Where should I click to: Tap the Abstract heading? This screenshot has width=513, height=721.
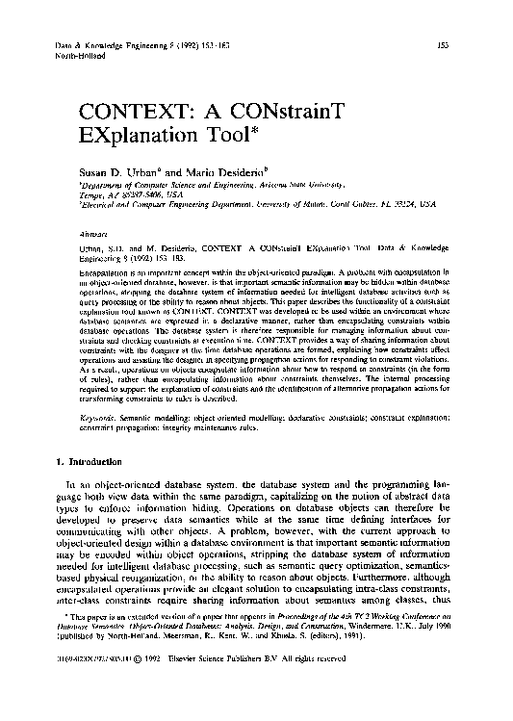click(93, 233)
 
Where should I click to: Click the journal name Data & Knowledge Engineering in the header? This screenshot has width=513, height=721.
click(96, 46)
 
